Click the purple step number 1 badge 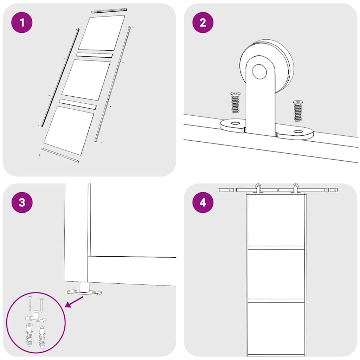point(22,22)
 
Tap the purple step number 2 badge point(203,22)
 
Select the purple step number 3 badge point(22,202)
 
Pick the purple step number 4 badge point(203,202)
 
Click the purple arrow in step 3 point(74,302)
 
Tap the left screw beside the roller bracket point(235,102)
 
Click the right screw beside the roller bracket point(298,111)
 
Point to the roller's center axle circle point(259,72)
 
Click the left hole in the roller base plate point(235,123)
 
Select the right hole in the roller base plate point(298,132)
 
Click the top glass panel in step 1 point(102,33)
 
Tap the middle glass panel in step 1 point(86,80)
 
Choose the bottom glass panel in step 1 point(69,130)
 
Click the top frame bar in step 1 point(109,11)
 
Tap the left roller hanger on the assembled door point(258,188)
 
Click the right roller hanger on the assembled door point(295,188)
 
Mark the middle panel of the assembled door point(276,274)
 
